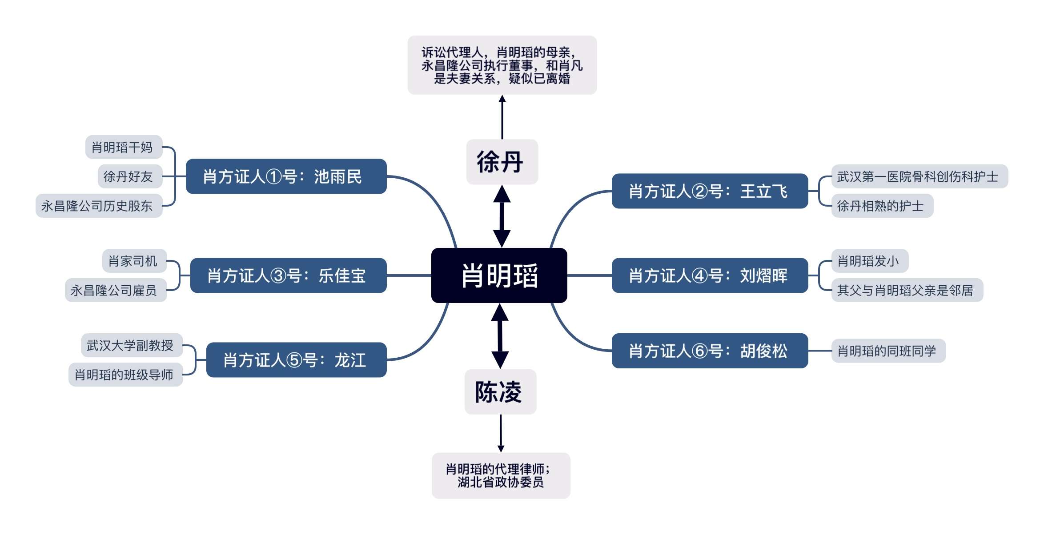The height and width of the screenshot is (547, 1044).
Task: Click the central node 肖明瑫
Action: click(x=499, y=275)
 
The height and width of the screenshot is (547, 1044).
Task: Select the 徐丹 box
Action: click(x=502, y=162)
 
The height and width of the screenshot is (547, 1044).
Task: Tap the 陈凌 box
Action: click(x=500, y=392)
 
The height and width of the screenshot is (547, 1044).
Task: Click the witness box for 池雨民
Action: click(x=286, y=176)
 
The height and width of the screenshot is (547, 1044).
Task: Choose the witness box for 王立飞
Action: click(x=710, y=191)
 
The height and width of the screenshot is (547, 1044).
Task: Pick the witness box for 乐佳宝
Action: click(x=288, y=275)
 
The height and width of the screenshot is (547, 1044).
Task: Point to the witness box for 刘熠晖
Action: click(x=710, y=275)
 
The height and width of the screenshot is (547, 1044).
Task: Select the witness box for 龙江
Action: click(x=296, y=360)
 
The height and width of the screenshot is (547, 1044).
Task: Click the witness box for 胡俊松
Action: click(x=710, y=351)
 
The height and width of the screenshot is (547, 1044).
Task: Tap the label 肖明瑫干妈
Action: click(x=124, y=147)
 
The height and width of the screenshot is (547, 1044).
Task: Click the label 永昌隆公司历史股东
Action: click(x=99, y=206)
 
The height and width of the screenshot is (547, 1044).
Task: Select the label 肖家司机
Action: click(x=134, y=261)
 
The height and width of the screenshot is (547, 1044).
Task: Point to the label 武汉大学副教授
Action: click(x=132, y=345)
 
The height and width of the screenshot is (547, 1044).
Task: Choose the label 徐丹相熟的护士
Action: click(x=882, y=206)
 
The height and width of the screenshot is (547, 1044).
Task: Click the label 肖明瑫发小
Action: click(x=869, y=261)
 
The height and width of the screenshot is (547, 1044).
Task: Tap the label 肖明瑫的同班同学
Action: click(x=888, y=351)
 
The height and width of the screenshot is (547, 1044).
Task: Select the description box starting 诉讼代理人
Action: click(x=502, y=65)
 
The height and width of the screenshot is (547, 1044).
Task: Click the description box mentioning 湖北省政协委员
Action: click(x=501, y=475)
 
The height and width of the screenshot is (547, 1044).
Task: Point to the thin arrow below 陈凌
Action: click(x=501, y=433)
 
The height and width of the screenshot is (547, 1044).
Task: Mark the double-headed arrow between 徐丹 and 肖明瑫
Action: click(x=502, y=216)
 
